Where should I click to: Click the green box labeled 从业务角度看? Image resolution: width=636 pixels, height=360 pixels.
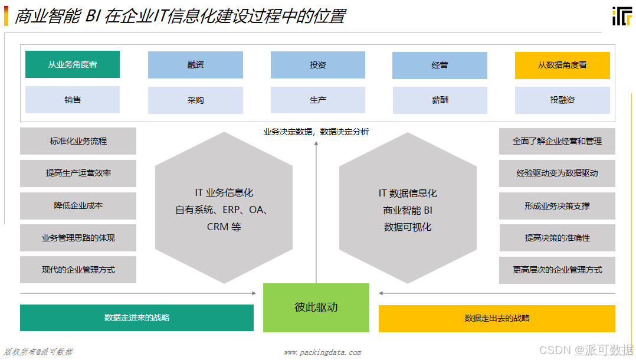(x=73, y=64)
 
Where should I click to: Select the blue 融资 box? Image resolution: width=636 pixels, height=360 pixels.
(x=195, y=65)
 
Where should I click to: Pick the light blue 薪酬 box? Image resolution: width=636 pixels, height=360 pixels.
(x=440, y=100)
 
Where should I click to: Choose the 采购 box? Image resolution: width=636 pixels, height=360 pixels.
(x=195, y=100)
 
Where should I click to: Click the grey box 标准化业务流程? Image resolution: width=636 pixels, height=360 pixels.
(x=78, y=141)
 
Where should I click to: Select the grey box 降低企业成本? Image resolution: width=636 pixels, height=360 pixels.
(x=78, y=205)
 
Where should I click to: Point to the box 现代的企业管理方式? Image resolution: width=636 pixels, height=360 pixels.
(x=78, y=270)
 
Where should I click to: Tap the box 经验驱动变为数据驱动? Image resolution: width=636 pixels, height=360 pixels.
(x=557, y=174)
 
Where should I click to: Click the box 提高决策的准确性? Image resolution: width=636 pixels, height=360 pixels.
(x=557, y=238)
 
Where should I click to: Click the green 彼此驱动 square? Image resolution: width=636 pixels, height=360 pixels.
(x=316, y=307)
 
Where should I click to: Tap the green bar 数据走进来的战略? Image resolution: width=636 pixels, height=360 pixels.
(x=137, y=318)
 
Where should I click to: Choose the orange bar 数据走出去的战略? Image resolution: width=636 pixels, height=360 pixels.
(x=497, y=318)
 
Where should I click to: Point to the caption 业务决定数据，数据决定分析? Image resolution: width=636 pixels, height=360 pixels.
(x=316, y=132)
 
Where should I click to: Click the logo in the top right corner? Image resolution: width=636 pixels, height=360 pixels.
(x=622, y=15)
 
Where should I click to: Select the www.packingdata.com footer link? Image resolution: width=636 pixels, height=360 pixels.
(x=322, y=352)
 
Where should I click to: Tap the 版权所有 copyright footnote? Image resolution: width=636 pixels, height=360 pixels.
(x=38, y=352)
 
